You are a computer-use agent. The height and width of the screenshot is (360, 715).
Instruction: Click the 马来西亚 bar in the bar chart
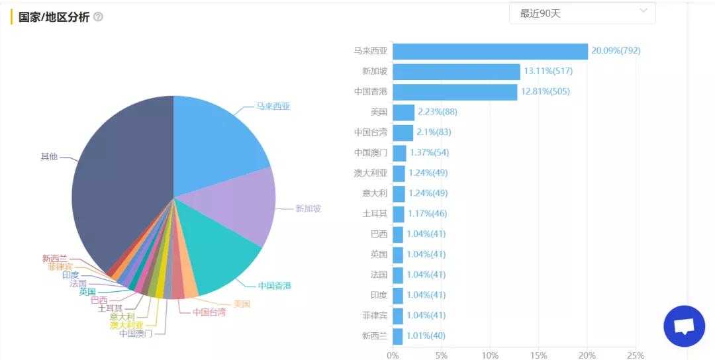click(x=490, y=51)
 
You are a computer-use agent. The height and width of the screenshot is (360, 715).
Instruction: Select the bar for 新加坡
click(x=456, y=71)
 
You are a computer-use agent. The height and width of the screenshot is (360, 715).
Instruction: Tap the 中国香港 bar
click(x=455, y=92)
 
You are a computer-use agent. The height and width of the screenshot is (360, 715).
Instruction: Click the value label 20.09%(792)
click(x=616, y=51)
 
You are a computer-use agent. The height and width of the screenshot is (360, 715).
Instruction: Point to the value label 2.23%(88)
click(x=438, y=112)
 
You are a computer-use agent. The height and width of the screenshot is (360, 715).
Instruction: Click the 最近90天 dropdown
click(x=582, y=13)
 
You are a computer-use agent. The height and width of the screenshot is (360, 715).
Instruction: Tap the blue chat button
click(x=684, y=326)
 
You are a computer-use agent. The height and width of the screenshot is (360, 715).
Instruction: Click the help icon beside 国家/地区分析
click(x=98, y=17)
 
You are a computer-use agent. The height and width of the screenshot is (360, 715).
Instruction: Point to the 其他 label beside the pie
click(x=49, y=157)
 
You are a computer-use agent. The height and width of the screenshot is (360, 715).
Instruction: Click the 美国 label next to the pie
click(x=242, y=304)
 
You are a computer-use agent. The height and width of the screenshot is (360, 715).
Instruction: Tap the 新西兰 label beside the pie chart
click(x=54, y=259)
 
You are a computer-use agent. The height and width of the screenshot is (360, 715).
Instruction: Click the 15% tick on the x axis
click(x=538, y=355)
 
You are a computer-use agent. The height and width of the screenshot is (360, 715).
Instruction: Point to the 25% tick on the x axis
click(x=635, y=355)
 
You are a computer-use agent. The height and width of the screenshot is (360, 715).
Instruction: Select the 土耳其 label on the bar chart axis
click(x=375, y=214)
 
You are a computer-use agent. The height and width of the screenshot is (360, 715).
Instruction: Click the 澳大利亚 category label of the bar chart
click(x=370, y=173)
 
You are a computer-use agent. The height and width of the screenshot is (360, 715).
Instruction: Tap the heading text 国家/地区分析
click(x=54, y=17)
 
